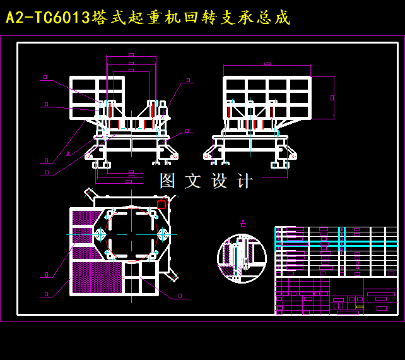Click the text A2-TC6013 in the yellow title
[48, 18]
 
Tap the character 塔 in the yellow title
[99, 18]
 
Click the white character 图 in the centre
[167, 181]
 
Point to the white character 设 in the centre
[219, 181]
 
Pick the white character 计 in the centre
[244, 181]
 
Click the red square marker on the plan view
[161, 205]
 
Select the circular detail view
[242, 258]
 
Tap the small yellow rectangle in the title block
[360, 307]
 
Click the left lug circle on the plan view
[99, 234]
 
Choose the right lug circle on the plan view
[163, 234]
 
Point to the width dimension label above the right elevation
[267, 64]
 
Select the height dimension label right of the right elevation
[332, 98]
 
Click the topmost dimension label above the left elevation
[131, 55]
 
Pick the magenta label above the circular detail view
[243, 223]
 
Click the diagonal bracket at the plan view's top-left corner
[91, 193]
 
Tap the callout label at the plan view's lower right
[180, 295]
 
